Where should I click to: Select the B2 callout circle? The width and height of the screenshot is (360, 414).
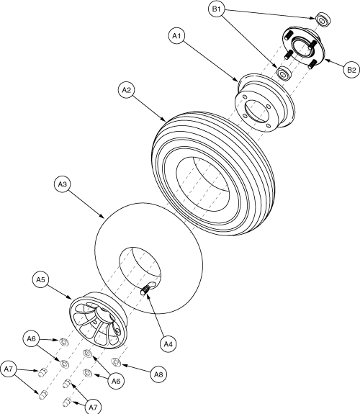pos(351,70)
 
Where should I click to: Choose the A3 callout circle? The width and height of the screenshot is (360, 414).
pos(62,185)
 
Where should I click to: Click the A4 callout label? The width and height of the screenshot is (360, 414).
pos(168,344)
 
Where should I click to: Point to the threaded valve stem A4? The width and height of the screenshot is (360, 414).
pos(145,289)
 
